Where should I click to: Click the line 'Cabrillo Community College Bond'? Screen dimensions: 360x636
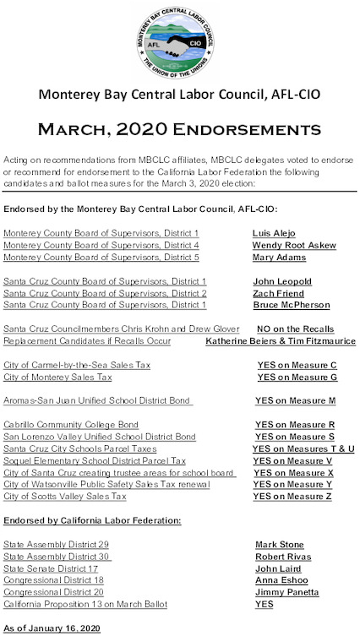71,424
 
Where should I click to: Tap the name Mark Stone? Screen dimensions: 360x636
279,545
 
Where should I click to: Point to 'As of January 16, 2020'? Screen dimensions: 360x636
52,629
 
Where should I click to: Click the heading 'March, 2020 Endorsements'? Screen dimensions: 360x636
180,129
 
